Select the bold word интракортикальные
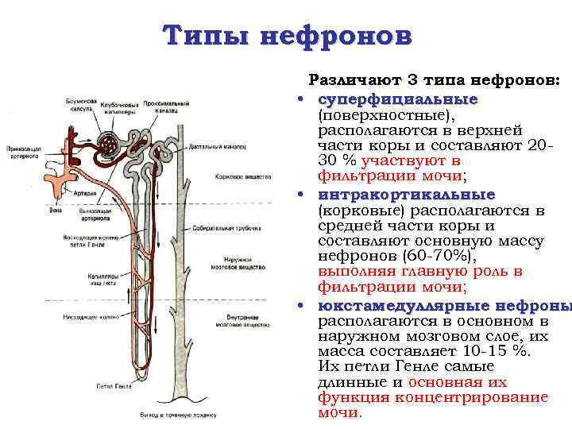tap(406, 195)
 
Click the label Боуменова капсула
tap(80, 106)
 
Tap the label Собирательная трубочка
tap(238, 228)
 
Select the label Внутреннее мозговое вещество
tap(235, 321)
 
